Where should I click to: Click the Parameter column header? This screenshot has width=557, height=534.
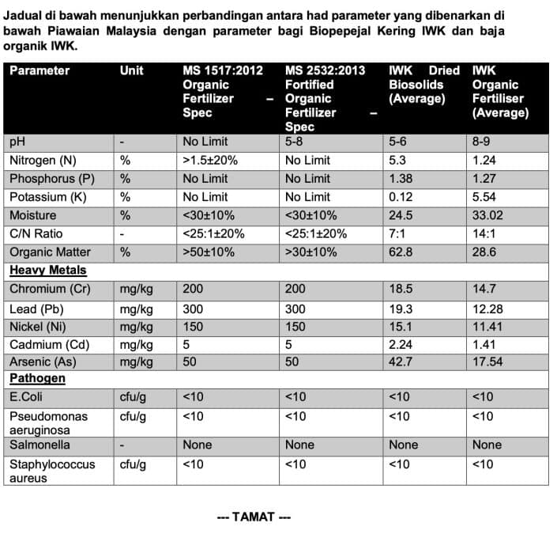pos(40,71)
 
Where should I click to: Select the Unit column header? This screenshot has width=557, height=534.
pos(131,71)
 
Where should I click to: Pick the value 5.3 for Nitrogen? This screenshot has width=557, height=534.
pos(398,161)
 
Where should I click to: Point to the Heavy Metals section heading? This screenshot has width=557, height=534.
pos(39,271)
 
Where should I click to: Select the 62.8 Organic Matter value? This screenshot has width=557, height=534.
pos(401,252)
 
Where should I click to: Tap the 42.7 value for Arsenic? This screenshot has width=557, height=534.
pos(401,362)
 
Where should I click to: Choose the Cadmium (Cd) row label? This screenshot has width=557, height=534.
pos(47,343)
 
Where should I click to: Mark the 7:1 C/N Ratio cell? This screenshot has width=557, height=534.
pos(397,233)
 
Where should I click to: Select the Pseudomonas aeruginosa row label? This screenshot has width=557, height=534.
pos(48,423)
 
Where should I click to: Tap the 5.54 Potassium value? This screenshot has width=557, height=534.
pos(484,197)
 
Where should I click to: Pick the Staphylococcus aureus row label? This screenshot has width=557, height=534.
pos(51,471)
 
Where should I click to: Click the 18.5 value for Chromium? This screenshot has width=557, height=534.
pos(401,289)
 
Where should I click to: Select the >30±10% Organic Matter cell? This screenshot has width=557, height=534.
pos(310,252)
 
